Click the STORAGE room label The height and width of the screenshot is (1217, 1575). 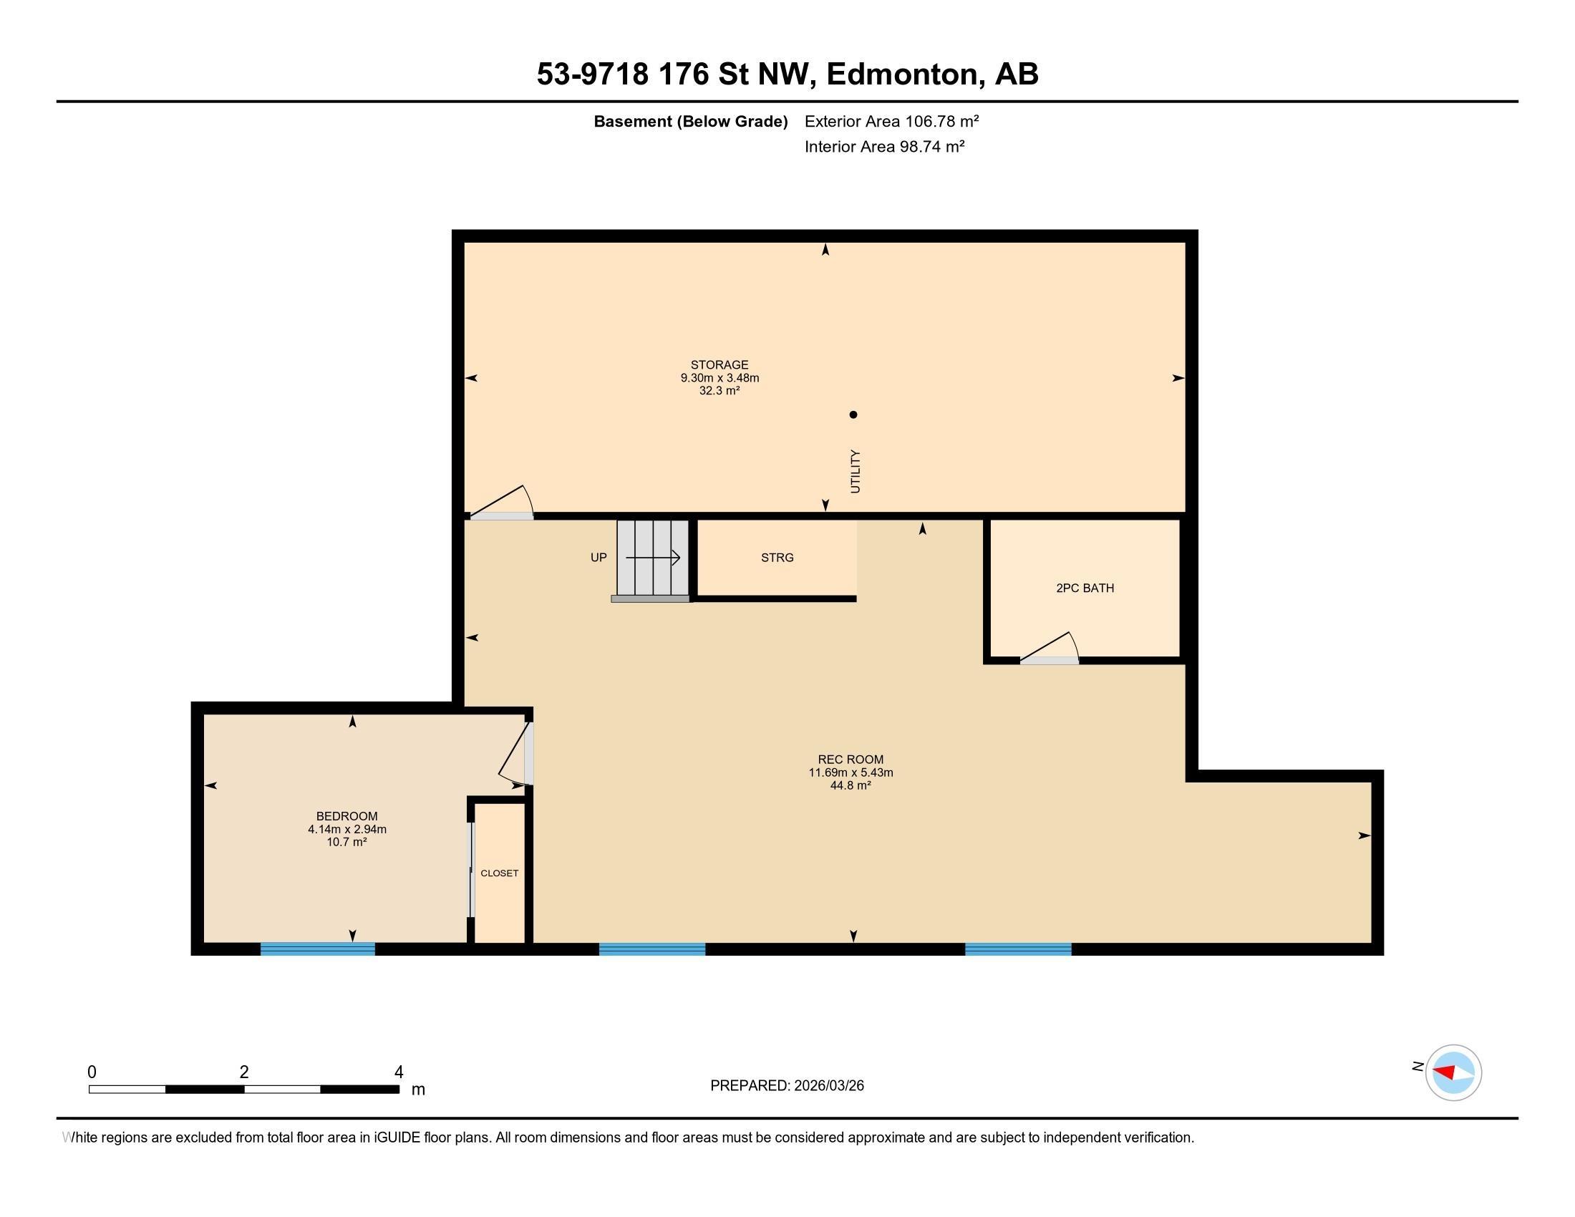(x=719, y=365)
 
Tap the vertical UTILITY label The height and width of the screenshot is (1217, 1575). (x=856, y=472)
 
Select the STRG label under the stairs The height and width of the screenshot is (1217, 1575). (x=777, y=557)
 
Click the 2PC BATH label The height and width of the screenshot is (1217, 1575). (x=1085, y=588)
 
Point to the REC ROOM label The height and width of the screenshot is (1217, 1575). (x=850, y=759)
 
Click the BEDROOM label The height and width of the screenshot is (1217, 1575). (x=347, y=816)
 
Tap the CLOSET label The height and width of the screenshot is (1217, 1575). (x=500, y=873)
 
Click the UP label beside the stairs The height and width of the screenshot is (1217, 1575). (x=598, y=557)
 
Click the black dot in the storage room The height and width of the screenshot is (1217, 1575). (x=853, y=414)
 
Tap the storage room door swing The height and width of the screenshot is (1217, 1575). (x=502, y=502)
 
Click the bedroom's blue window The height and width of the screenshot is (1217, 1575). (x=317, y=949)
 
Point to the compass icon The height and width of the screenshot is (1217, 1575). (x=1453, y=1072)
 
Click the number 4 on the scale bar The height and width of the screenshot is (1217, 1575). (x=399, y=1072)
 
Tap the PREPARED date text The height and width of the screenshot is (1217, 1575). (x=787, y=1086)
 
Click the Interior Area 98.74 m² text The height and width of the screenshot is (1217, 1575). (x=885, y=146)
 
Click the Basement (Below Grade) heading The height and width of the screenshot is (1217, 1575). (x=690, y=122)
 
